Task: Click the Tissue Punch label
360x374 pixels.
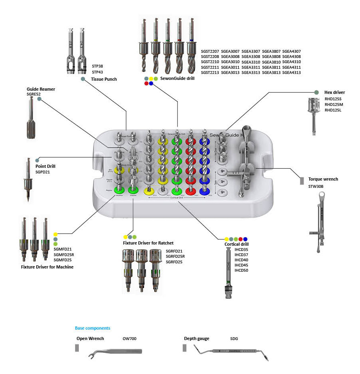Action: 104,79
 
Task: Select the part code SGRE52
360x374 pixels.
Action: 34,94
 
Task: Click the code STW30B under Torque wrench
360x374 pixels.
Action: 316,186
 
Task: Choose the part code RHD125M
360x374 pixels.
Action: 333,104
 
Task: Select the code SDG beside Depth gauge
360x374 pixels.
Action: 234,338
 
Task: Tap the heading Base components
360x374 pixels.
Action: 92,328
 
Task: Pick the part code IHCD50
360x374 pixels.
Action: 241,271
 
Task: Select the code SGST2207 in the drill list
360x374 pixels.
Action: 210,52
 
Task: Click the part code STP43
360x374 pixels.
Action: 98,72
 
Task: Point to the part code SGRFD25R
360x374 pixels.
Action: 176,257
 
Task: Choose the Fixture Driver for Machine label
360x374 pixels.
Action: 47,267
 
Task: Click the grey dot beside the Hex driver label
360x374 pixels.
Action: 316,92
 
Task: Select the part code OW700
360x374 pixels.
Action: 129,338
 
